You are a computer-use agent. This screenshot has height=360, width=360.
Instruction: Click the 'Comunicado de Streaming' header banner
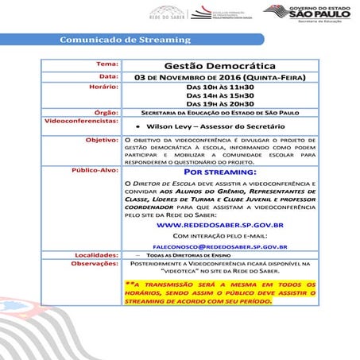pyautogui.click(x=126, y=40)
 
